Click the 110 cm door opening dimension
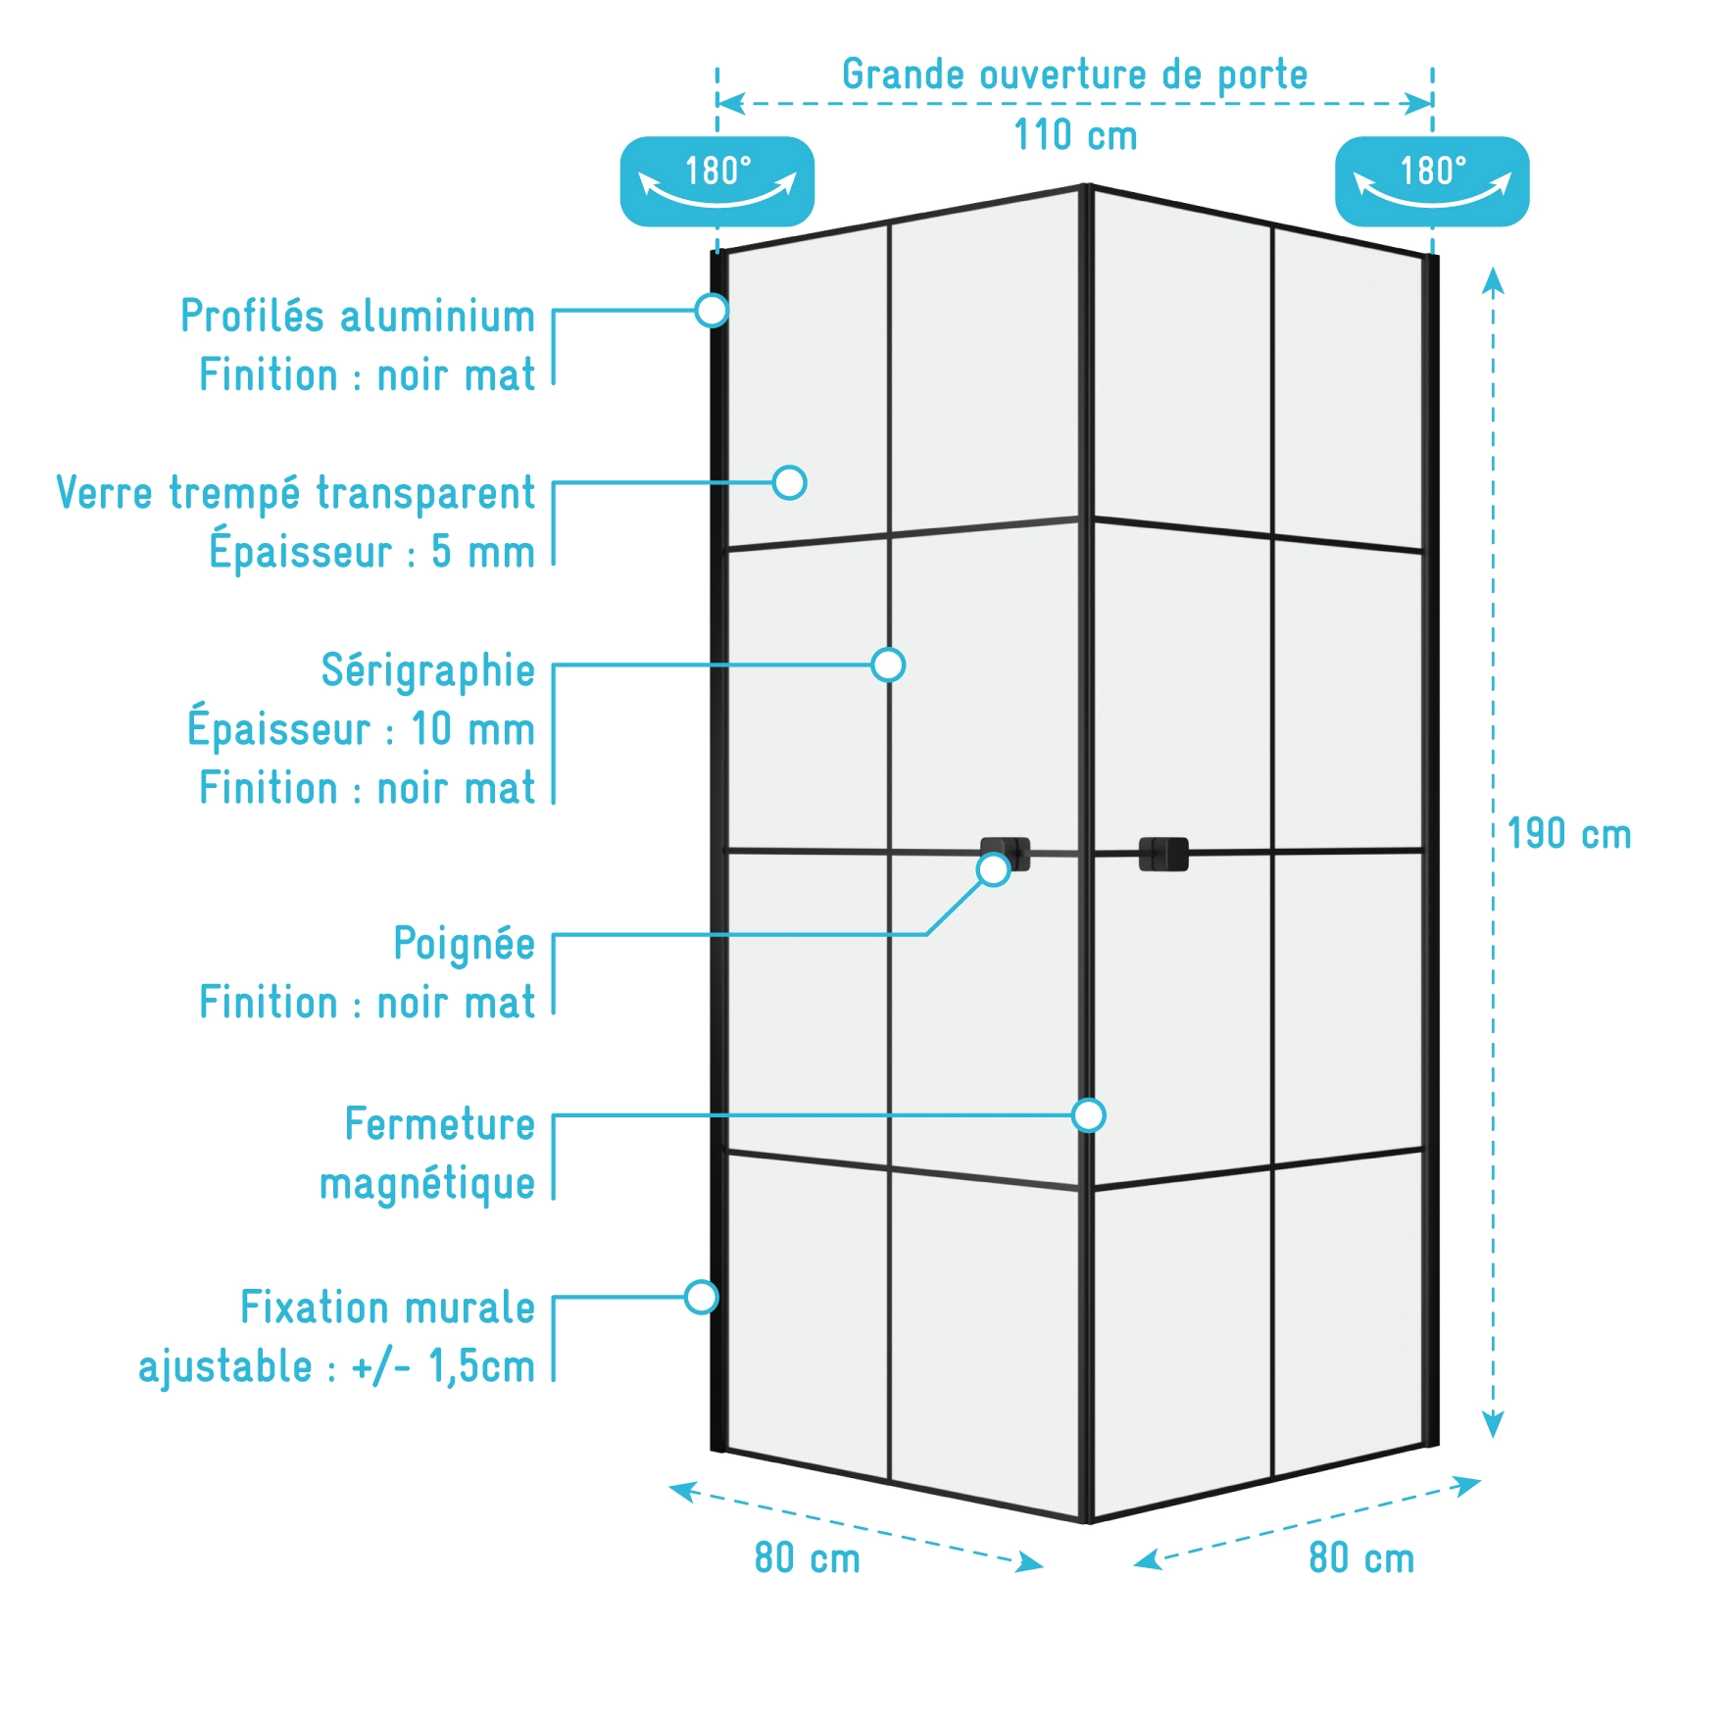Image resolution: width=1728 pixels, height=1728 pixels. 1075,135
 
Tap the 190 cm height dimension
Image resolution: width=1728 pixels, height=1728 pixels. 1568,834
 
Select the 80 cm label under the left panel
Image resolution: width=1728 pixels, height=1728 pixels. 807,1558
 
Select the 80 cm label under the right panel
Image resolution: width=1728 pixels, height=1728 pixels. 1361,1558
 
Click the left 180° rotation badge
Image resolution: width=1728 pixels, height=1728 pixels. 717,181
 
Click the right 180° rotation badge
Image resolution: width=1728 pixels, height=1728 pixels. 1432,181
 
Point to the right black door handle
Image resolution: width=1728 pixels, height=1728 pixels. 1163,854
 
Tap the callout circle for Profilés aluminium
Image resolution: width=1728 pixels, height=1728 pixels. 712,310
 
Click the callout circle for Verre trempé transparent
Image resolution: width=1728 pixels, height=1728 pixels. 789,482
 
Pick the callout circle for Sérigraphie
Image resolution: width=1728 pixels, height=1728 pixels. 888,665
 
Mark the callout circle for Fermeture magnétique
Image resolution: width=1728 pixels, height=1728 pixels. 1088,1115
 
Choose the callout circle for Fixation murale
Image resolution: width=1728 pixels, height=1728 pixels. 701,1297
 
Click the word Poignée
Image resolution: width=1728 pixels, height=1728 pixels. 464,945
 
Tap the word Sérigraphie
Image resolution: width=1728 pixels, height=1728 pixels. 427,671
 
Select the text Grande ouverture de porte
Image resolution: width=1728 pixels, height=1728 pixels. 1075,75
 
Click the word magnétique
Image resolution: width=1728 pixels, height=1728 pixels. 427,1184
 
